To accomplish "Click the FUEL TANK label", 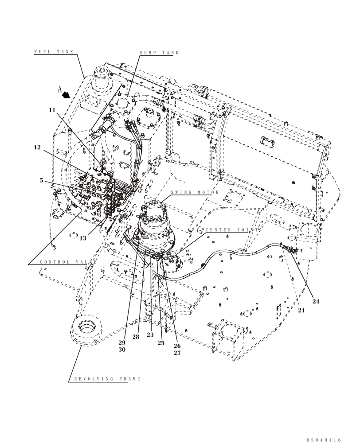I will pos(54,52).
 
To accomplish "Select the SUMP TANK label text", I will pos(159,53).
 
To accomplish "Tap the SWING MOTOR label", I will pos(195,193).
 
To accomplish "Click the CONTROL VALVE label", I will pos(67,262).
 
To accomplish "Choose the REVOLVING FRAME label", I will pos(107,379).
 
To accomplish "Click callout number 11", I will pos(52,109).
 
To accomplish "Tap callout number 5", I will pos(41,180).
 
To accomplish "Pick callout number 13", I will pos(83,238).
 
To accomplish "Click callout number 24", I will pos(316,301).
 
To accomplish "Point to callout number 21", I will pos(301,311).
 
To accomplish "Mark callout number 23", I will pos(150,335).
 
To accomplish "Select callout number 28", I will pos(136,337).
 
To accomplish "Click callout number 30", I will pos(122,350).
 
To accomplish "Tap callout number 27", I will pos(177,353).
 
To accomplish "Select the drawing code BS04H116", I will pos(324,440).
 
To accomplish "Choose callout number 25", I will pos(161,343).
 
